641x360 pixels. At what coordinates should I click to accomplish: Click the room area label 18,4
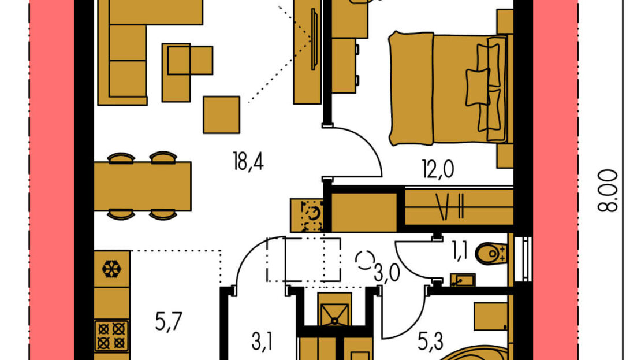point(248,161)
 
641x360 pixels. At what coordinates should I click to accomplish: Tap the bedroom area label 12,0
point(438,169)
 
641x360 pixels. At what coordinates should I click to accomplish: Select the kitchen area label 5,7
point(169,321)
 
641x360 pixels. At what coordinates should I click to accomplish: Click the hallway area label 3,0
point(387,273)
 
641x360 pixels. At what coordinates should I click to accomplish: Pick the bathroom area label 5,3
point(430,342)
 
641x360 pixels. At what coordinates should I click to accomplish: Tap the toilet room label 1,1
point(460,251)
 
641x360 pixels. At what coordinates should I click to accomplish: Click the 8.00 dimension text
point(608,191)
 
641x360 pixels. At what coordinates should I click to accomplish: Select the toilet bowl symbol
point(491,254)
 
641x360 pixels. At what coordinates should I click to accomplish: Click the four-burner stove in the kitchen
point(111,336)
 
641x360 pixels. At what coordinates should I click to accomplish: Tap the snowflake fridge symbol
point(111,269)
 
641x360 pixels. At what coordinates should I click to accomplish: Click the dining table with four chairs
point(142,186)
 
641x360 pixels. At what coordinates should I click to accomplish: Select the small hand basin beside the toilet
point(463,280)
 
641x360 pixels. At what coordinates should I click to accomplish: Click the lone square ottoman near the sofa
point(222,115)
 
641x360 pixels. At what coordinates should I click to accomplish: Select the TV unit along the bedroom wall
point(307,51)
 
